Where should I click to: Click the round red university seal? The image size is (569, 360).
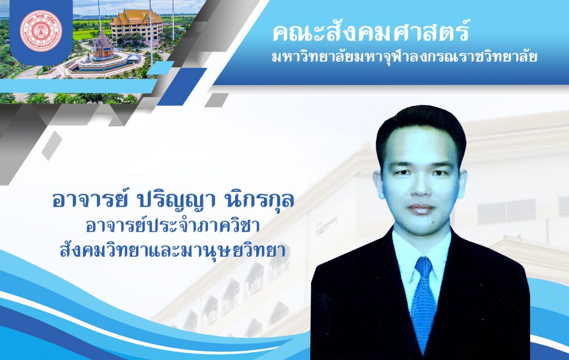(41, 31)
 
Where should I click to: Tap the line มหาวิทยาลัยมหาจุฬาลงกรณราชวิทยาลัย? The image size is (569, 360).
(405, 58)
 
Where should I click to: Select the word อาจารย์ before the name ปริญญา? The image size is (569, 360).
(90, 201)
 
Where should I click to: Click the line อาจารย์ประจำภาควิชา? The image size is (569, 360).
(173, 226)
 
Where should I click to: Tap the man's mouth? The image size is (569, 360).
(421, 209)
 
